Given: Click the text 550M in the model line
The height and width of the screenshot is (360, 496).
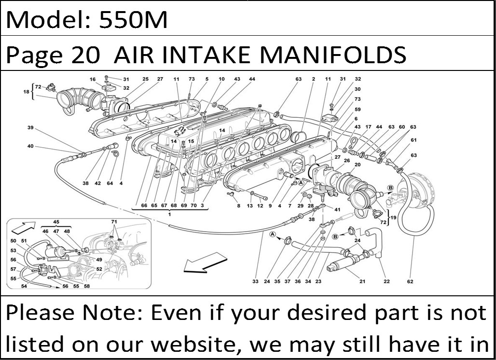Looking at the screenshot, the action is [x=133, y=20].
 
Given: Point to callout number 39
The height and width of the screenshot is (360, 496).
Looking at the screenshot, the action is [x=30, y=127].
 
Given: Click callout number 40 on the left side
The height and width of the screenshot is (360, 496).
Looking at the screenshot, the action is [x=30, y=146].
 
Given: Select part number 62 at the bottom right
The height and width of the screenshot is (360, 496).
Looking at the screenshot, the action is [x=410, y=281].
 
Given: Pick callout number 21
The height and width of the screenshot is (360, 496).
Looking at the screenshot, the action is [x=362, y=281].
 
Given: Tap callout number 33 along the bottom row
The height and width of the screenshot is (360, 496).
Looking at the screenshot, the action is [x=256, y=281].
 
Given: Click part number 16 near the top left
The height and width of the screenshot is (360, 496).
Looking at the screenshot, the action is [x=92, y=79].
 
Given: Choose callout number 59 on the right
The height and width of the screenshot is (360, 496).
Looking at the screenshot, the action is [x=358, y=109].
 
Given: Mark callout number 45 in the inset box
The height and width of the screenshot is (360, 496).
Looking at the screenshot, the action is [x=56, y=222].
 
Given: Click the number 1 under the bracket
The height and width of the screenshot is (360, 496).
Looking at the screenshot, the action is [x=169, y=214].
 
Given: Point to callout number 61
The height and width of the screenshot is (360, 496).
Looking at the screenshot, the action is [x=413, y=140].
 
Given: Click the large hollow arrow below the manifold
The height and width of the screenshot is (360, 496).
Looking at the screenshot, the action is [x=205, y=262].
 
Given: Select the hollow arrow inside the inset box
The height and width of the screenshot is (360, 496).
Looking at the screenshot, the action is [x=24, y=227].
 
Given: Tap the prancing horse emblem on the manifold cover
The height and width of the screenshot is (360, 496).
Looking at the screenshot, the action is [x=180, y=130].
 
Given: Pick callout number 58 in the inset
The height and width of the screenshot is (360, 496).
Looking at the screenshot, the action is [x=87, y=286].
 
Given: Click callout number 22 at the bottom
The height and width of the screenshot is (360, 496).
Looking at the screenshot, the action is [x=386, y=281].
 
